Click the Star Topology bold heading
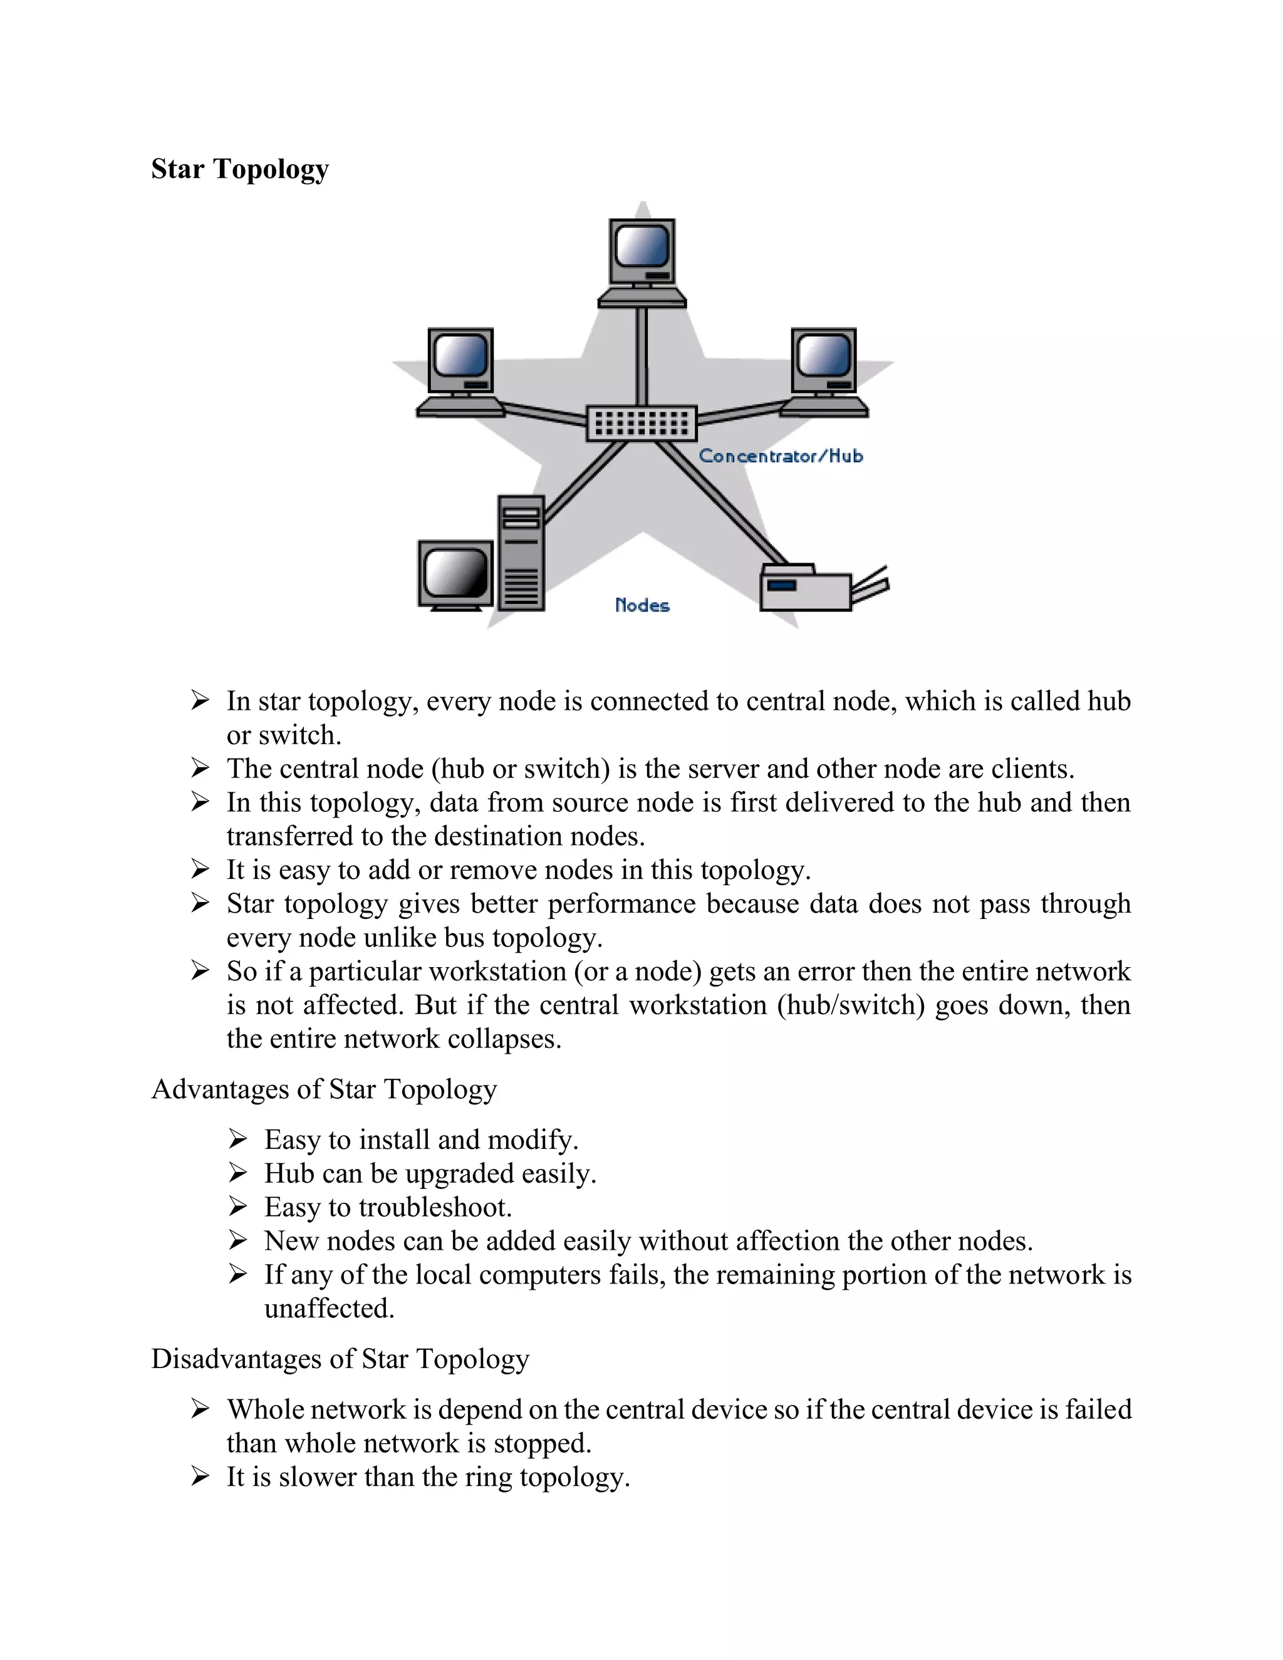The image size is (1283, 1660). coord(239,169)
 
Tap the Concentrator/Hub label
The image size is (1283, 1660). coord(781,456)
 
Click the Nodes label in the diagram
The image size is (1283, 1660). coord(642,606)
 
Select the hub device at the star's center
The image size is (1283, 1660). coord(641,423)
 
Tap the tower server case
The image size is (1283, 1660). coord(521,553)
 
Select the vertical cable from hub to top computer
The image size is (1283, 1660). coord(641,356)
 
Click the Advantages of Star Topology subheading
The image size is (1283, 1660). coord(324,1089)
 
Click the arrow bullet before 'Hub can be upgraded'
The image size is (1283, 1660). coord(238,1173)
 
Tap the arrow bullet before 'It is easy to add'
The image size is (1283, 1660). coord(200,869)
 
